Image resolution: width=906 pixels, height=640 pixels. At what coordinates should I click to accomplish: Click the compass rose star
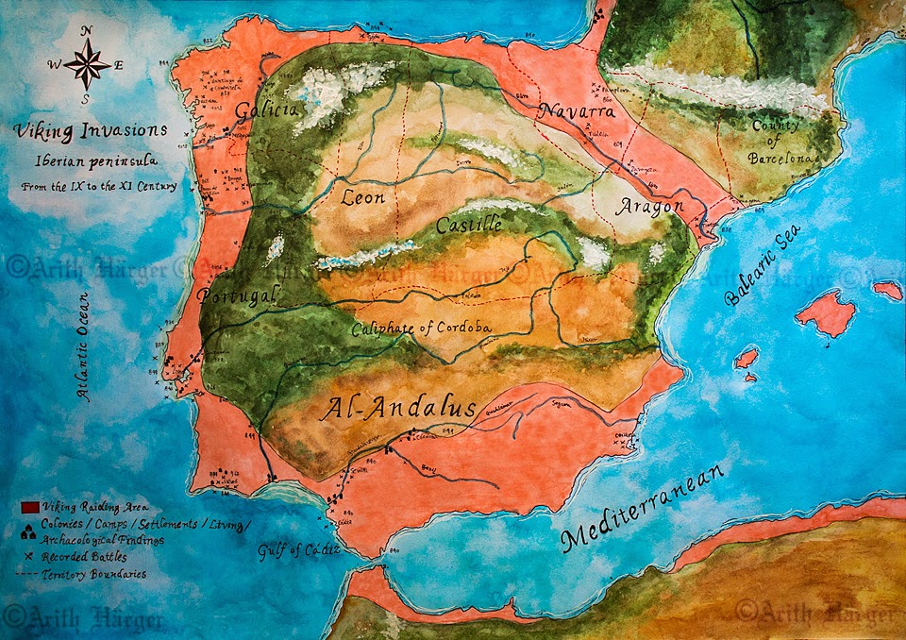coord(87,65)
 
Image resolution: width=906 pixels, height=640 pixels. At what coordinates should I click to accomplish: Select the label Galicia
coord(267,109)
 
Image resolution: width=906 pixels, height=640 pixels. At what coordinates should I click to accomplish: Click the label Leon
coord(363,198)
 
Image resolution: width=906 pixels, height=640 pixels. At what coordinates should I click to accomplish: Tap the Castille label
coord(468,226)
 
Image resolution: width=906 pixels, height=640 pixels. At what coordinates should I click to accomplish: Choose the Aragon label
coord(649,208)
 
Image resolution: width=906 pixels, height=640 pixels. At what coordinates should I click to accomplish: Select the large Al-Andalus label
coord(399,409)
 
